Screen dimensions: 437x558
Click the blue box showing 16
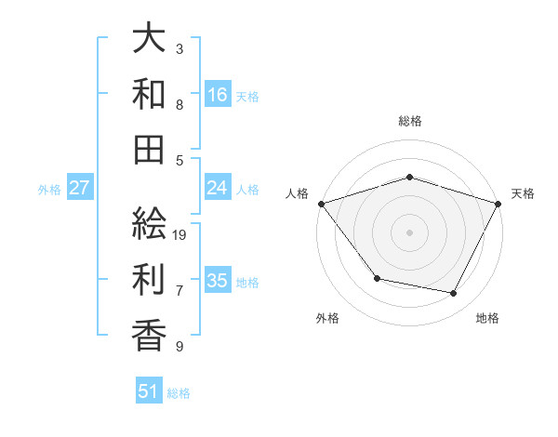tap(218, 94)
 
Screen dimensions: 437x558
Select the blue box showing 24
tap(218, 188)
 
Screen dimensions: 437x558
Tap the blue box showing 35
tap(218, 281)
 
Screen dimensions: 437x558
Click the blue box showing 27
tap(80, 188)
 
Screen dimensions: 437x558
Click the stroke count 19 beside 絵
tap(180, 235)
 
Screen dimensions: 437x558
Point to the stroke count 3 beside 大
tap(179, 48)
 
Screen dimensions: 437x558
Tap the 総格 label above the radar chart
tap(410, 122)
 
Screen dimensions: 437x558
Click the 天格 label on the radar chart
tap(523, 193)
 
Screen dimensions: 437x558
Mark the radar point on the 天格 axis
tap(498, 204)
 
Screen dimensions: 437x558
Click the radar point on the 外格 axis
tap(377, 278)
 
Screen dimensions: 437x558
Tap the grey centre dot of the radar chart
tap(410, 232)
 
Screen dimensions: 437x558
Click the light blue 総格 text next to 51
tap(179, 393)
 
